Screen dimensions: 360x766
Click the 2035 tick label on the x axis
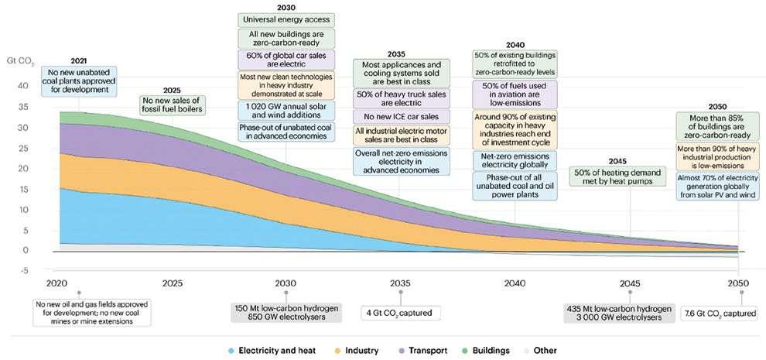tap(399, 283)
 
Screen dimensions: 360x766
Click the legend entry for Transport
tap(424, 351)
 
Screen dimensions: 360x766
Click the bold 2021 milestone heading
tap(79, 60)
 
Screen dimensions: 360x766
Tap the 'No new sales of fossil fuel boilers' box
tap(173, 104)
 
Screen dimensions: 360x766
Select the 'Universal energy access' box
tap(285, 18)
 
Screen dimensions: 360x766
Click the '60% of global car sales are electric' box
tap(285, 60)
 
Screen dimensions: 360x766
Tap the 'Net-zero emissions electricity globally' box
tap(515, 161)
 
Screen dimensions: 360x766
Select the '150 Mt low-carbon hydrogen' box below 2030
tap(285, 312)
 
